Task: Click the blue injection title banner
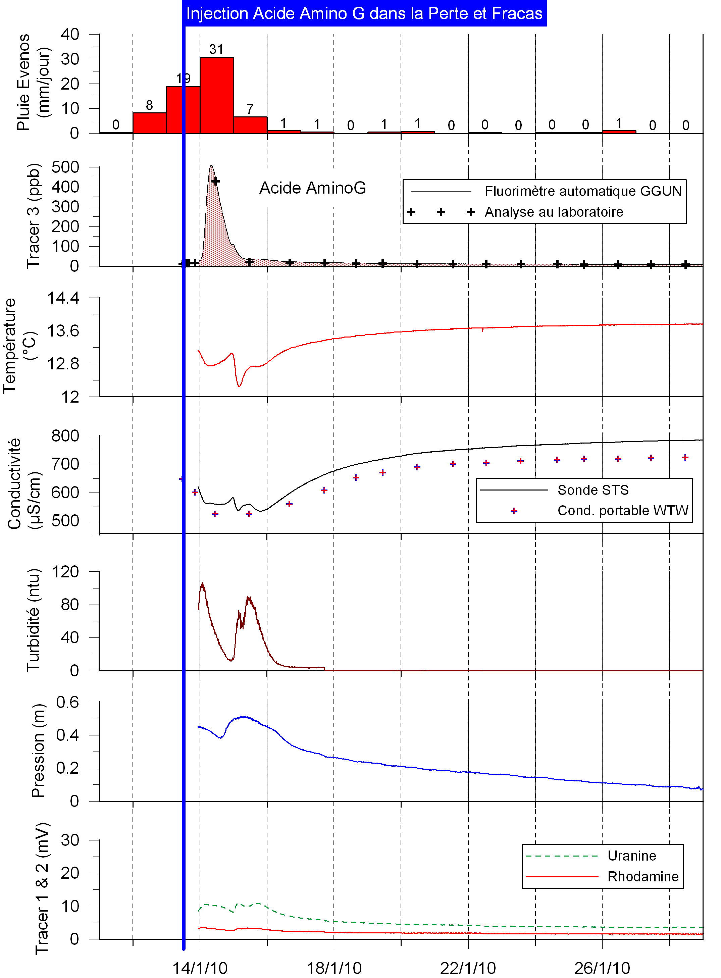(x=364, y=13)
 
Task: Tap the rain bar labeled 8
(x=149, y=123)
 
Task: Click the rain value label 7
(x=250, y=109)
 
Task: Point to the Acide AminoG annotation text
(x=312, y=188)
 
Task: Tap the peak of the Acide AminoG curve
(x=211, y=166)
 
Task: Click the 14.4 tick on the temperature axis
(x=64, y=298)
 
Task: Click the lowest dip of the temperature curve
(x=239, y=386)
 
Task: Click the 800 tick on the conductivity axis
(x=65, y=436)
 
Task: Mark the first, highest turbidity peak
(x=202, y=583)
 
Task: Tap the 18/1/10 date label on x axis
(x=334, y=968)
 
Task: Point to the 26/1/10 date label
(x=602, y=968)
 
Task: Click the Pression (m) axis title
(x=38, y=751)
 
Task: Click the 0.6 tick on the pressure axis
(x=68, y=702)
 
